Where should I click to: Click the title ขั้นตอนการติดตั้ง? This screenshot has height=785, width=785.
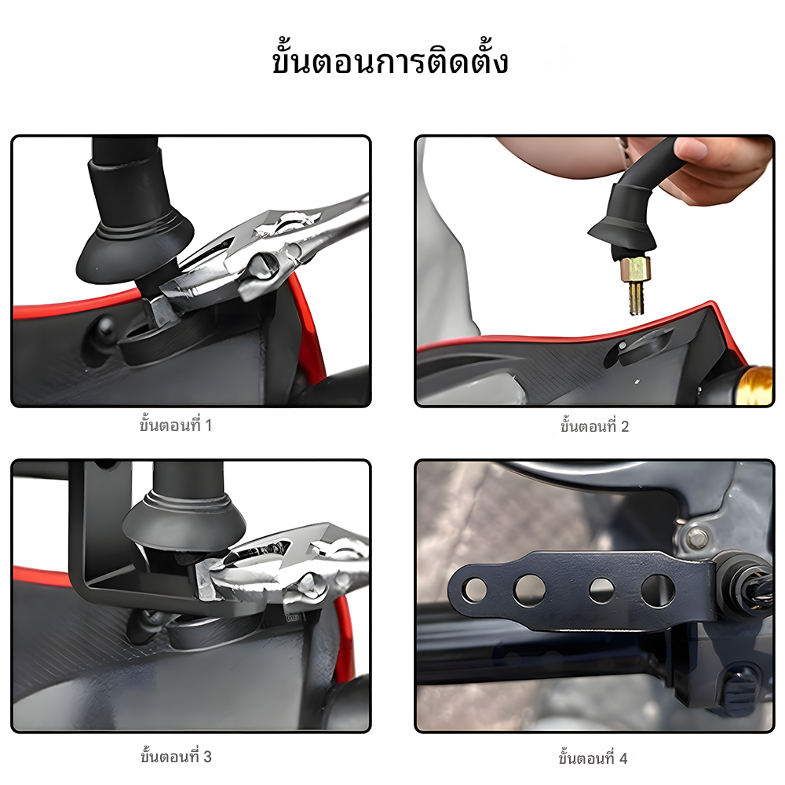(390, 61)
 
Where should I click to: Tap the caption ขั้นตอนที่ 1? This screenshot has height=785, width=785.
(176, 425)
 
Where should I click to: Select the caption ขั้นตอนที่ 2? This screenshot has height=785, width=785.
(594, 426)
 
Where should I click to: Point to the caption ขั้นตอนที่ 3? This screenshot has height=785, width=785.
(176, 757)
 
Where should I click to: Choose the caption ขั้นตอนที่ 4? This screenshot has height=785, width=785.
(593, 758)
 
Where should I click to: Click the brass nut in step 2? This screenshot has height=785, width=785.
(636, 269)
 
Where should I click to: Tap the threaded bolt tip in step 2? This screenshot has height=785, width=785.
(635, 299)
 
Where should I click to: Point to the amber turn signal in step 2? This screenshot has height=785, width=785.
(756, 385)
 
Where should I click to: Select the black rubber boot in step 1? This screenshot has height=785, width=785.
(134, 221)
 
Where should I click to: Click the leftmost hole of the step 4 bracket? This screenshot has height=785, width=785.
(475, 588)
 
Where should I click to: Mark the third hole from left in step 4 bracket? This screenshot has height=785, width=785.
(601, 590)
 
